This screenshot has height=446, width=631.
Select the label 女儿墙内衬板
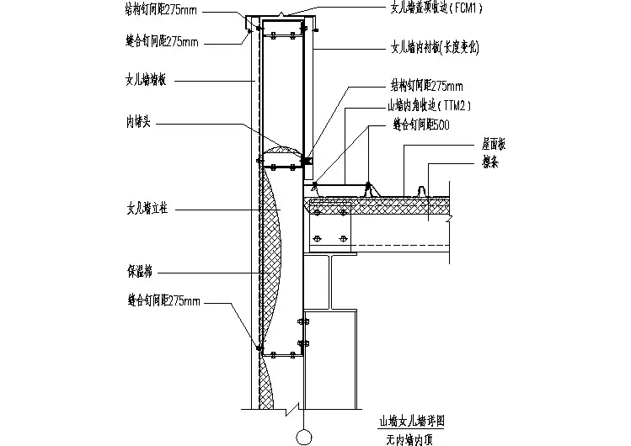click(x=419, y=48)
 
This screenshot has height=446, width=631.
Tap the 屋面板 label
click(x=495, y=144)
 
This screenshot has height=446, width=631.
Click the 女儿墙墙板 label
click(x=145, y=81)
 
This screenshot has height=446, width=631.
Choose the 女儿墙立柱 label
click(x=145, y=207)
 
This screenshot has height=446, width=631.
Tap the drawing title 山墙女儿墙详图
click(x=411, y=417)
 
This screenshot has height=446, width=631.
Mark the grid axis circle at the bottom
click(x=301, y=436)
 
